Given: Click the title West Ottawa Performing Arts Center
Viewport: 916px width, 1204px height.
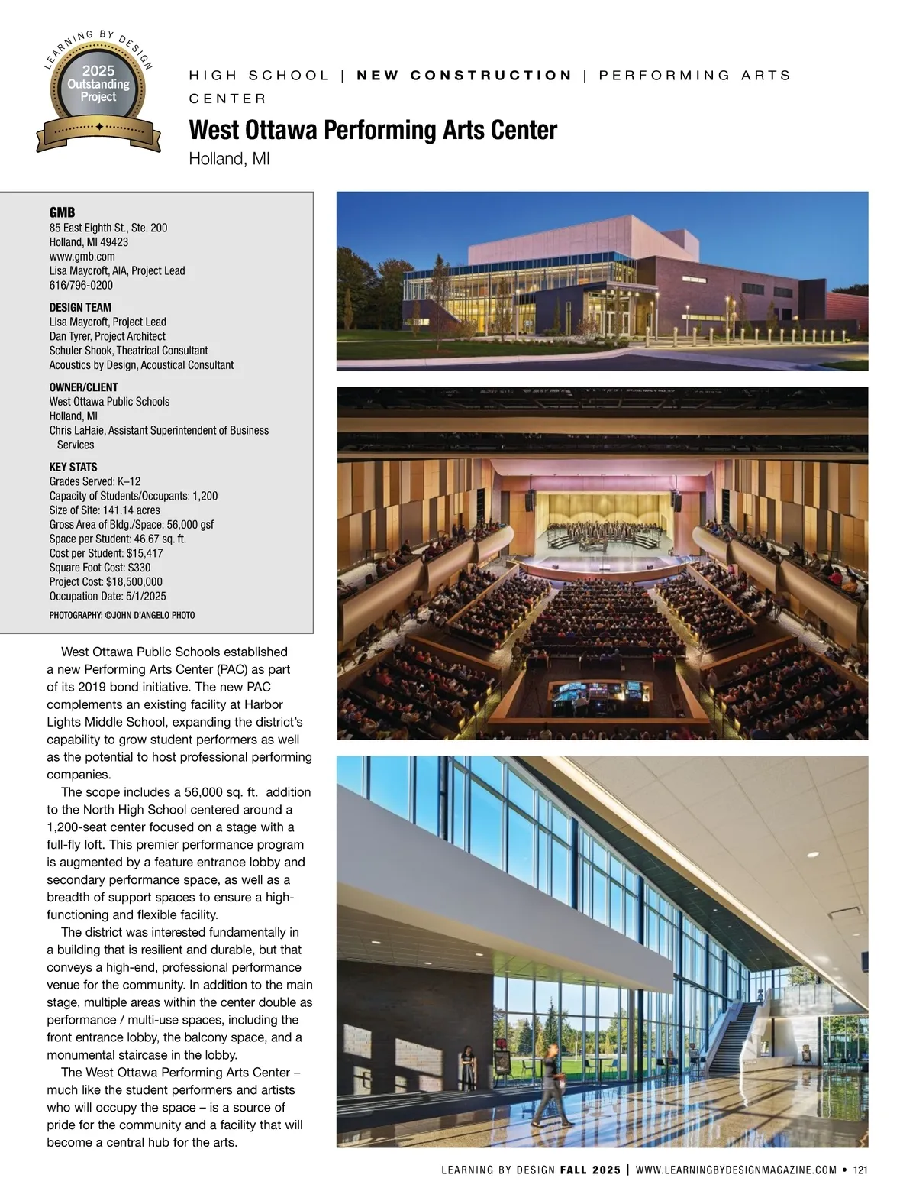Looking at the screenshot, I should tap(373, 130).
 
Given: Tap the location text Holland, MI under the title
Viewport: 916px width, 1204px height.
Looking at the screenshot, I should tap(229, 159).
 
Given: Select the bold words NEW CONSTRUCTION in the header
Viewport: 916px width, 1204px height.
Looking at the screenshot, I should tap(464, 76).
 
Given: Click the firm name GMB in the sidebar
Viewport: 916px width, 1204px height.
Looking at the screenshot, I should tap(62, 212).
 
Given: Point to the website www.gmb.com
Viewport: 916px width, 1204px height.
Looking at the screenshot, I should tap(82, 257).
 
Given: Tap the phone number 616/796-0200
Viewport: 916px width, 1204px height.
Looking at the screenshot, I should tap(81, 285).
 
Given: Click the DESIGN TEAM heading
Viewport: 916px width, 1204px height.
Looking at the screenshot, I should tap(80, 307).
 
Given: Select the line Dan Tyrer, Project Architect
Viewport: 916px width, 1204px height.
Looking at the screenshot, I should tap(107, 336).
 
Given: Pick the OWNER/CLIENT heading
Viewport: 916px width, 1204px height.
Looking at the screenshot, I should tap(83, 387).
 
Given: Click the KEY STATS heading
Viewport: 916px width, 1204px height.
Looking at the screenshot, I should tap(73, 467).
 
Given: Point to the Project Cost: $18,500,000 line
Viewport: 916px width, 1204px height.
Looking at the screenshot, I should tap(105, 581).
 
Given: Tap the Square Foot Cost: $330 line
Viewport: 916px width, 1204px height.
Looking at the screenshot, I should tap(99, 568).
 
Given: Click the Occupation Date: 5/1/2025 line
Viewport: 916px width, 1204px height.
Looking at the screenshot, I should tap(107, 596).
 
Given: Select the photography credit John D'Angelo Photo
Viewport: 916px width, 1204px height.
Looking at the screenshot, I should tap(121, 615).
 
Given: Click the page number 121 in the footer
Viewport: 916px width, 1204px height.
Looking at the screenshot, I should tap(860, 1170).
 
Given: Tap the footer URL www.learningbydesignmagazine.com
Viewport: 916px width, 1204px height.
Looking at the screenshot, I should tap(736, 1170).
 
